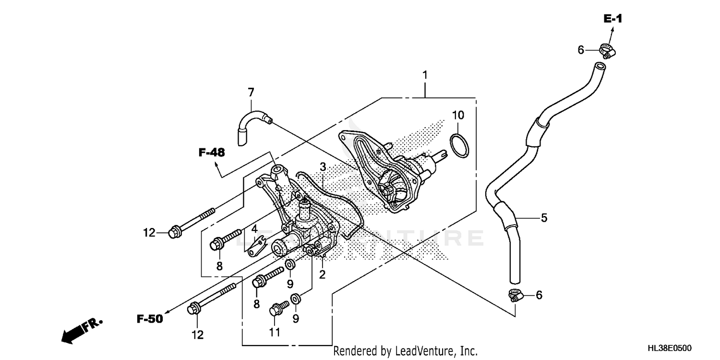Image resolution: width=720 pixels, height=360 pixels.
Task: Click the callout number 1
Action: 425,75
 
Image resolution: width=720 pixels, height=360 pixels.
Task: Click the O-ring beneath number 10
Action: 458,145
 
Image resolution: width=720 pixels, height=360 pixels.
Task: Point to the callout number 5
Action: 544,218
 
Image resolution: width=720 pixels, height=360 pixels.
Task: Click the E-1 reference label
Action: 612,19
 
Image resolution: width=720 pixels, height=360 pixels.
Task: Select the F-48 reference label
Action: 212,153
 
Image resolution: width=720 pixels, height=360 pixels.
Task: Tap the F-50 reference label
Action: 150,318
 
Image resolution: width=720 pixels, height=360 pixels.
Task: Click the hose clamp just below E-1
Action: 607,50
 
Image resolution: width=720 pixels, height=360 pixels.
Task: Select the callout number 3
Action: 323,167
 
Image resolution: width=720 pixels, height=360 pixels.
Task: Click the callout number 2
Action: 322,275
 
